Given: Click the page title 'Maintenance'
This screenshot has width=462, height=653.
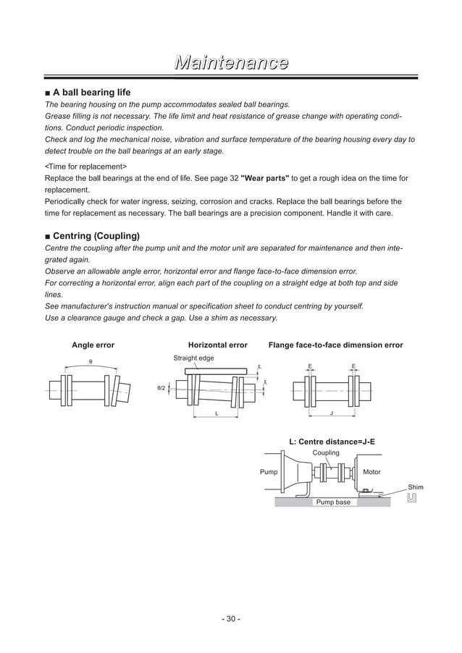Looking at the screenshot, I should [x=230, y=63].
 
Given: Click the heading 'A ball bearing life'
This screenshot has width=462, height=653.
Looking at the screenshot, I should [x=91, y=93].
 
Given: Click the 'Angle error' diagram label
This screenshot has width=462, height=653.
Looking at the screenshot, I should [x=93, y=345].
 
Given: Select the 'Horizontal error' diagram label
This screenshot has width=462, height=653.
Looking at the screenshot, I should [x=217, y=345].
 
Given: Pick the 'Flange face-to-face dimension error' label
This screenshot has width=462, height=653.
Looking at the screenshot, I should [x=335, y=345].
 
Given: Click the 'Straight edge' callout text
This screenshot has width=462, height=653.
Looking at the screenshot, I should [x=193, y=358].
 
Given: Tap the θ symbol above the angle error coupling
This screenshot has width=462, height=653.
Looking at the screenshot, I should [x=91, y=361].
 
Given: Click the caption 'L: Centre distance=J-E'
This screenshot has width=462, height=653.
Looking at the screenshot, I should [x=332, y=441].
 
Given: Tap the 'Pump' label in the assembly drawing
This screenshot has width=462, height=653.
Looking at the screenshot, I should [x=268, y=472].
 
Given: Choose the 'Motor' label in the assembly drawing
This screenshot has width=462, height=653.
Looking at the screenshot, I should [x=371, y=472].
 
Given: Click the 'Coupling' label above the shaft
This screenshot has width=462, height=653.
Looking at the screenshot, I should [x=325, y=452].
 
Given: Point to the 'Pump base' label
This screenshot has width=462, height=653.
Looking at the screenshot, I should [x=333, y=502].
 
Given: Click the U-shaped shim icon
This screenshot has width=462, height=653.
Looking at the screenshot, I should [x=412, y=498].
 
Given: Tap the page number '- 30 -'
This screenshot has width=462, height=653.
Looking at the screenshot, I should [x=230, y=619].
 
